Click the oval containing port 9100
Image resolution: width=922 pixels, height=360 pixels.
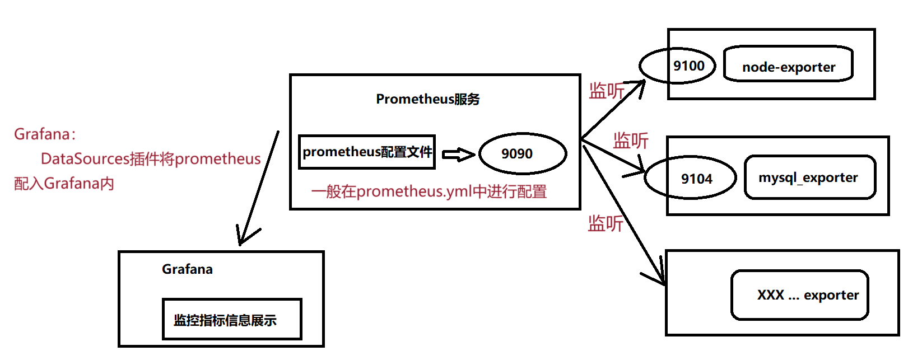pos(678,66)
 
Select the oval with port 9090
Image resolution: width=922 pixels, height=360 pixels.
pos(522,153)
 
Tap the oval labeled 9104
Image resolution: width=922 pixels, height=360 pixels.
pos(690,179)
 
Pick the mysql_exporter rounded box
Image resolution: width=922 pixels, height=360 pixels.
pos(809,177)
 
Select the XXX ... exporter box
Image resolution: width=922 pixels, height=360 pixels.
pos(799,295)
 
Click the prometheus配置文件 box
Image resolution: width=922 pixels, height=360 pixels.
pos(367,152)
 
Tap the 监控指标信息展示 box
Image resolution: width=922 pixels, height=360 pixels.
pos(231,320)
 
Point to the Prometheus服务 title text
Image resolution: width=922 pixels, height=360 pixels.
pos(427,99)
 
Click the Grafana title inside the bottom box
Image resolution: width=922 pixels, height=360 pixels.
pos(187,269)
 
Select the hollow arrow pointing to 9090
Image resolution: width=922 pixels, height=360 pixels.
pos(458,154)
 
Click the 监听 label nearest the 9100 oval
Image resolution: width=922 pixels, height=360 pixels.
pos(606,91)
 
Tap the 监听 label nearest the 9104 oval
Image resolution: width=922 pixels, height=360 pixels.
pos(631,141)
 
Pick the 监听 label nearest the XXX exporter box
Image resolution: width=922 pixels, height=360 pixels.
pos(605,223)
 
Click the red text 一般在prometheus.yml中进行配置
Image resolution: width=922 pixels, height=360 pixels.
pos(429,191)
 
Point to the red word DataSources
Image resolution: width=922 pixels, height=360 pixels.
pos(85,159)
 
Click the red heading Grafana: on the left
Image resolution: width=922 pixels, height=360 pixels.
pos(45,134)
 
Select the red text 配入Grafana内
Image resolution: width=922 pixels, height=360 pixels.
pos(64,184)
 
